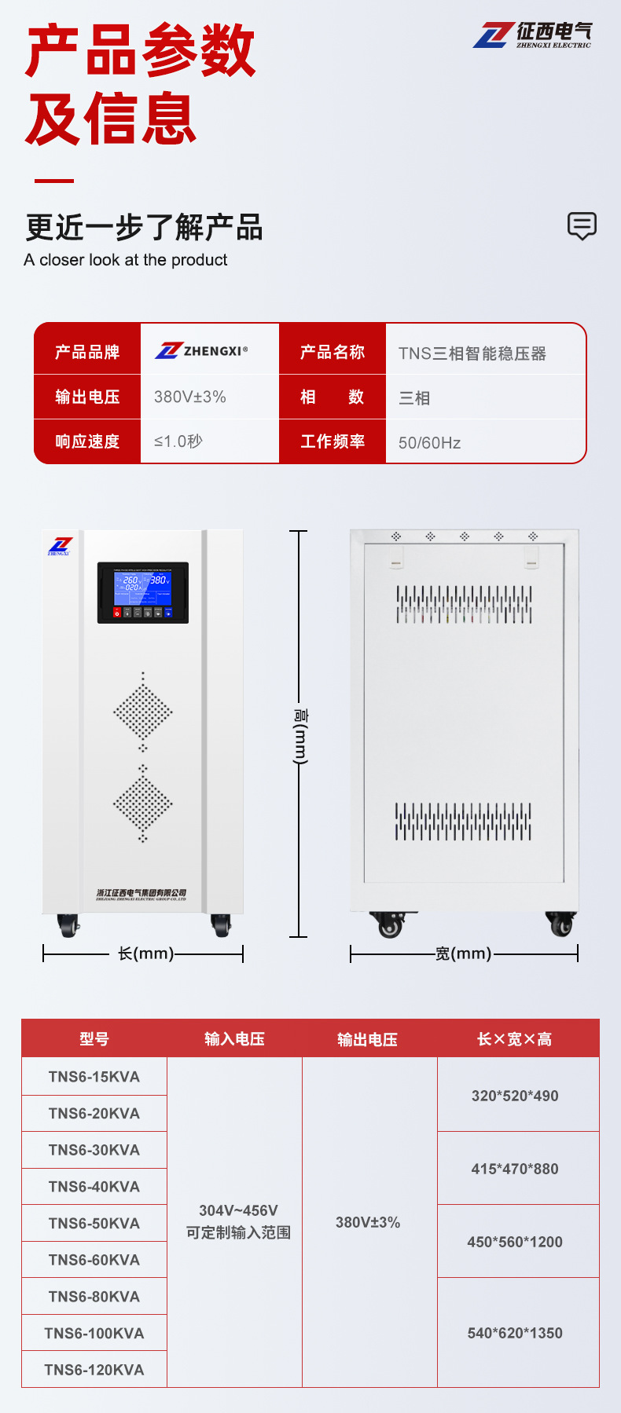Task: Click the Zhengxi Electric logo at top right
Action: [x=532, y=35]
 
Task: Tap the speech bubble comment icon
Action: [x=582, y=225]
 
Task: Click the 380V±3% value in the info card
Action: [x=189, y=397]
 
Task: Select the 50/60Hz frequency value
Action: [x=429, y=443]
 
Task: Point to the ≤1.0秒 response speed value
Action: [x=178, y=441]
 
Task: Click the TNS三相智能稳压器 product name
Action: [x=472, y=353]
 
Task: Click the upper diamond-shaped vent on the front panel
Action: [x=142, y=712]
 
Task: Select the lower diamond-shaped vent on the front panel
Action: [x=142, y=803]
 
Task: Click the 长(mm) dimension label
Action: [x=145, y=954]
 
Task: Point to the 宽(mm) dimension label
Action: [x=463, y=954]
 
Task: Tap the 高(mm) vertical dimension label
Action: [x=300, y=736]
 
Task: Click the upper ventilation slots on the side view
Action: [x=464, y=604]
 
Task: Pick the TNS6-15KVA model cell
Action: [x=94, y=1077]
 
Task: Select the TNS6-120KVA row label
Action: [x=94, y=1370]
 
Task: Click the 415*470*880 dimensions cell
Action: [x=515, y=1169]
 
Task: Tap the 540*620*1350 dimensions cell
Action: [x=515, y=1333]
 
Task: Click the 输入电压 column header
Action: [x=234, y=1039]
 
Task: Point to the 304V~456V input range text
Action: [x=238, y=1210]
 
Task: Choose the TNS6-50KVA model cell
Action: [x=94, y=1224]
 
